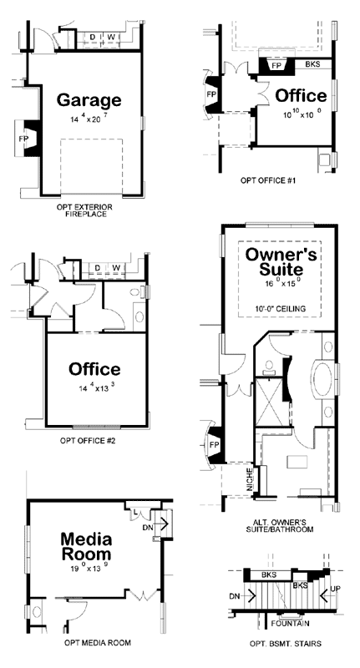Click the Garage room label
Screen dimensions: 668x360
pos(89,100)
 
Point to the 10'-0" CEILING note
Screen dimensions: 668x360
pos(279,310)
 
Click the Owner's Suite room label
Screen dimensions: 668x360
pos(280,261)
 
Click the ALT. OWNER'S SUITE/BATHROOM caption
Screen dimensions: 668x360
pos(281,527)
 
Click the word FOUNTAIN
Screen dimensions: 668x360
pos(290,623)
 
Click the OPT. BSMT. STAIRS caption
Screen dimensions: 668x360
pos(286,643)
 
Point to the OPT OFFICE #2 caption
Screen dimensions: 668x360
pos(93,440)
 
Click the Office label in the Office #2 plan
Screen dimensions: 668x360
pos(94,369)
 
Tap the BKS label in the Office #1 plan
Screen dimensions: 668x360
pos(312,64)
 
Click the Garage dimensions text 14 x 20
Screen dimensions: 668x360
pos(89,120)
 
